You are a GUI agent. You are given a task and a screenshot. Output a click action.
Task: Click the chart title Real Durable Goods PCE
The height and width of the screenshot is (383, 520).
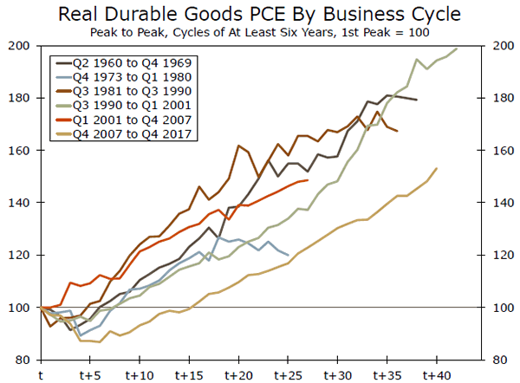pyautogui.click(x=260, y=15)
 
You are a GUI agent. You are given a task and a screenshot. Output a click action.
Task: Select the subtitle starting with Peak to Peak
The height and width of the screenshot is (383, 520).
pyautogui.click(x=260, y=33)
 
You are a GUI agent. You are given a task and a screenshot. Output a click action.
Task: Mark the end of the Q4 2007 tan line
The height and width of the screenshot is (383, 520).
pyautogui.click(x=436, y=168)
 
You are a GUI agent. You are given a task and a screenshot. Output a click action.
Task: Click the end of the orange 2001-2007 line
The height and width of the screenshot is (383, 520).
pyautogui.click(x=308, y=180)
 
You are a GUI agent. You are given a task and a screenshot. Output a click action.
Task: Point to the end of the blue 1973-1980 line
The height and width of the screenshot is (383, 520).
pyautogui.click(x=289, y=256)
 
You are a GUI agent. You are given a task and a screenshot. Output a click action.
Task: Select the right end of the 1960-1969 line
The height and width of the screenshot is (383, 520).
pyautogui.click(x=416, y=100)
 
